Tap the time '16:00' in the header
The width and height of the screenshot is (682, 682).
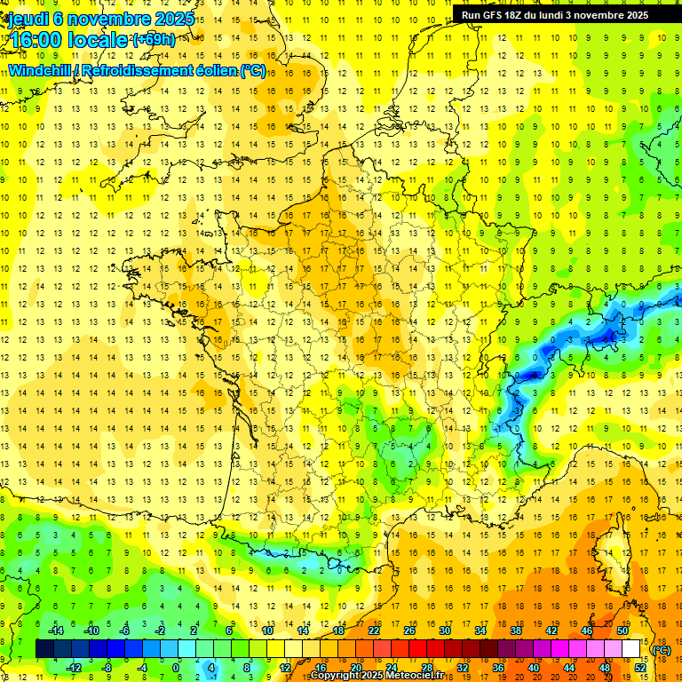pyautogui.click(x=37, y=40)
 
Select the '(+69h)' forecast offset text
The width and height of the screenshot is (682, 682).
pyautogui.click(x=153, y=40)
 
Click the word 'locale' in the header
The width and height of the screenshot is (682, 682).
pyautogui.click(x=99, y=40)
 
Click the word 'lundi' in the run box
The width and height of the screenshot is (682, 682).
pyautogui.click(x=565, y=15)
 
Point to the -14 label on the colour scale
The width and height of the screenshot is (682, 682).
pyautogui.click(x=56, y=630)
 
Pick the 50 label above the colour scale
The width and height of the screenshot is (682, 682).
pyautogui.click(x=623, y=630)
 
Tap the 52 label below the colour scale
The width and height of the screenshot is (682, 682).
pyautogui.click(x=640, y=667)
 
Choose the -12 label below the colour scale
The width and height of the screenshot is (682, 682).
pyautogui.click(x=74, y=667)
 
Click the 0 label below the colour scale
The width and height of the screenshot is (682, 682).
pyautogui.click(x=176, y=667)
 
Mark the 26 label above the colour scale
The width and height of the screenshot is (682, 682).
pyautogui.click(x=409, y=630)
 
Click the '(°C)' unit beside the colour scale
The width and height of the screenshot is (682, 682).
pyautogui.click(x=662, y=650)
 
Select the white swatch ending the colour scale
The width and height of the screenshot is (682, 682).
pyautogui.click(x=630, y=649)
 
